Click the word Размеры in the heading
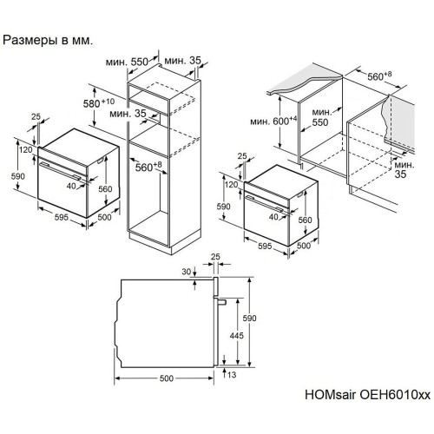click(30, 40)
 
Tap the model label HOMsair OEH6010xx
click(367, 395)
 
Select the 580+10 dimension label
click(99, 103)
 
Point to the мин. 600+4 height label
click(273, 121)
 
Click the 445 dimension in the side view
click(237, 336)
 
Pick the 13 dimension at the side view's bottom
click(232, 375)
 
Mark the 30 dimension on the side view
click(187, 272)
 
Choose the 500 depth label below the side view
click(167, 378)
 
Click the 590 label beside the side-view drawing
click(249, 319)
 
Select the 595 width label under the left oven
click(62, 217)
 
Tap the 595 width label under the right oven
click(265, 246)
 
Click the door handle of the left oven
click(61, 171)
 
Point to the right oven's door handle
click(266, 205)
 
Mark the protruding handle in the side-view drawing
click(220, 301)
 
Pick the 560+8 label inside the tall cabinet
click(148, 167)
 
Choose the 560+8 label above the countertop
click(379, 76)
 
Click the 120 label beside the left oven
click(26, 150)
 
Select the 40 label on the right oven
click(273, 217)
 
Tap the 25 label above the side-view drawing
click(215, 257)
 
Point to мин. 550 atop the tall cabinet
click(127, 62)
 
